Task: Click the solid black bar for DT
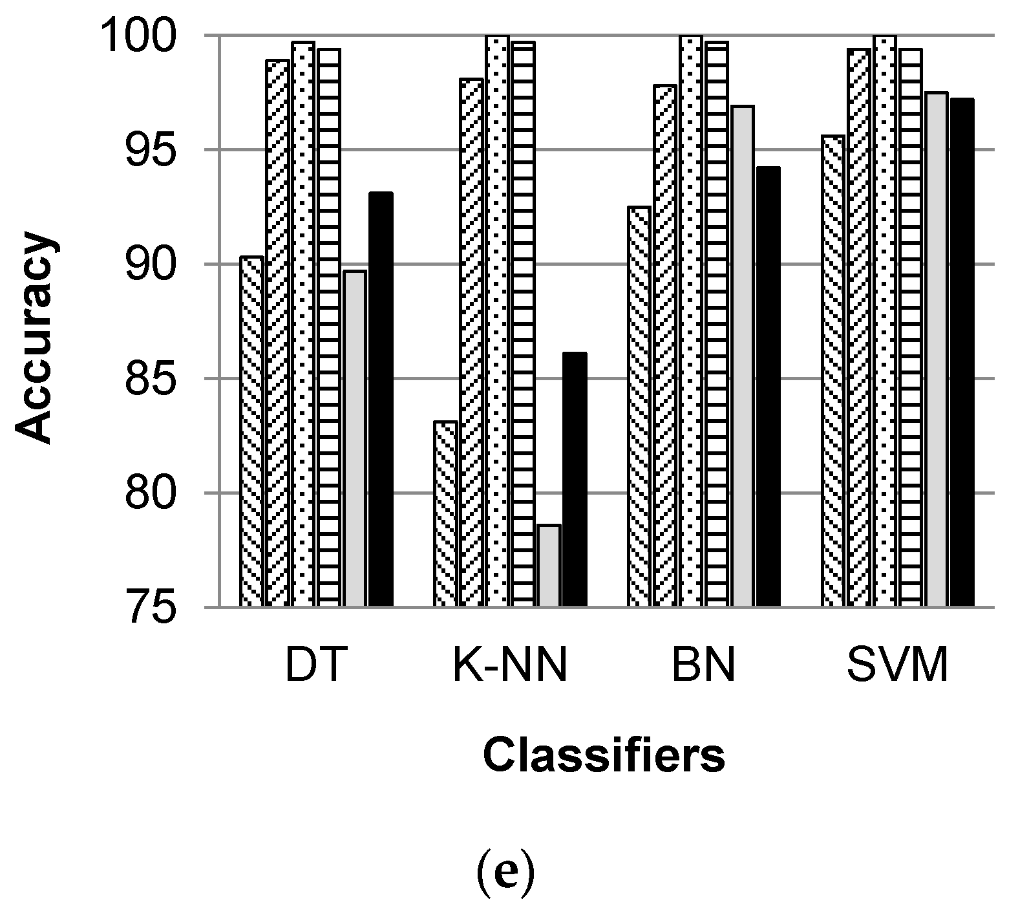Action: pos(381,400)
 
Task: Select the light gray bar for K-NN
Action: pos(549,566)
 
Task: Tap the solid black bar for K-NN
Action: pos(575,480)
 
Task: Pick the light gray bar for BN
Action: pos(743,356)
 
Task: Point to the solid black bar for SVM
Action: pos(962,352)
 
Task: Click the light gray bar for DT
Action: pos(355,438)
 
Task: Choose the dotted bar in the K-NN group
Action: pos(497,321)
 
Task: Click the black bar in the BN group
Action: pos(769,387)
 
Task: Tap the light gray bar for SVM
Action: pos(936,350)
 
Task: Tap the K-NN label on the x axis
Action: pos(510,667)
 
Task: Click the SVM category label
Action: pos(898,667)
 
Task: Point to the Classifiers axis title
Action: pos(604,757)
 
